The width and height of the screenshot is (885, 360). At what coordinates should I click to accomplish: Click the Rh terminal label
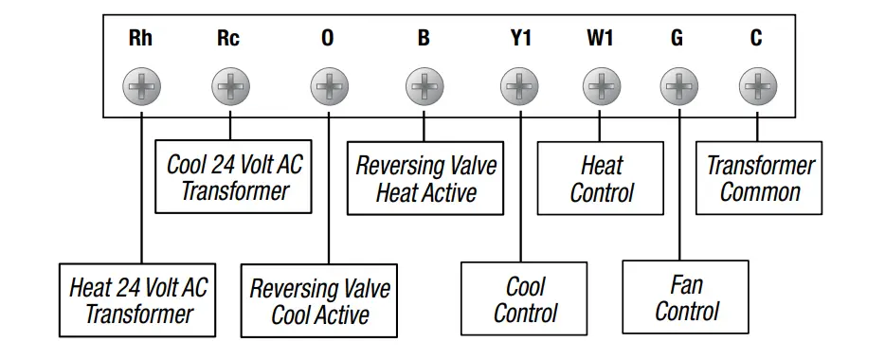point(140,39)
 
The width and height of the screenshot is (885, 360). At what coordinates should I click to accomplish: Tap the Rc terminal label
point(228,39)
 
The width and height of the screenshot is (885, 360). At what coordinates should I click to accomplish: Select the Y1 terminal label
point(520,39)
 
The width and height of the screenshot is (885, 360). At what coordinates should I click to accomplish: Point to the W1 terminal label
point(599,39)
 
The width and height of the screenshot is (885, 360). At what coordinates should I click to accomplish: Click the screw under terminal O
point(328,89)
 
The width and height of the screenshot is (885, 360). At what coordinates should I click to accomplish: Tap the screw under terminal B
point(424,89)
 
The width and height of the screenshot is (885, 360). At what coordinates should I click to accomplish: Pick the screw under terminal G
point(677,89)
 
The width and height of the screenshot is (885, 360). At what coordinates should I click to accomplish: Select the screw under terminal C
point(756,89)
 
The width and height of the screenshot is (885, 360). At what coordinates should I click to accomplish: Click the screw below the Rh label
point(140,89)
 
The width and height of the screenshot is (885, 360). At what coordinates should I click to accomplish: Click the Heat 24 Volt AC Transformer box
point(138,300)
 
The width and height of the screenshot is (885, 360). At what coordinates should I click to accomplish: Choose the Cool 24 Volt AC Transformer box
point(235,178)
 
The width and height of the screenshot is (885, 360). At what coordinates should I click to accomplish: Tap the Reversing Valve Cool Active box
point(319,301)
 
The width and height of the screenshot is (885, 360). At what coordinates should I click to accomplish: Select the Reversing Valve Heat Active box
point(425,179)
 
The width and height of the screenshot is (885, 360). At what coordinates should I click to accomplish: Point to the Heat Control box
point(601,179)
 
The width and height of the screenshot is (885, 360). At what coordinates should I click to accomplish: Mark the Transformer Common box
point(760,178)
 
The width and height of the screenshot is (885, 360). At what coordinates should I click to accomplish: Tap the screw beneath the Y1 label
point(520,89)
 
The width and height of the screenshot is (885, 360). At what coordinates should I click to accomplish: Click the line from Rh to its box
point(140,189)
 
